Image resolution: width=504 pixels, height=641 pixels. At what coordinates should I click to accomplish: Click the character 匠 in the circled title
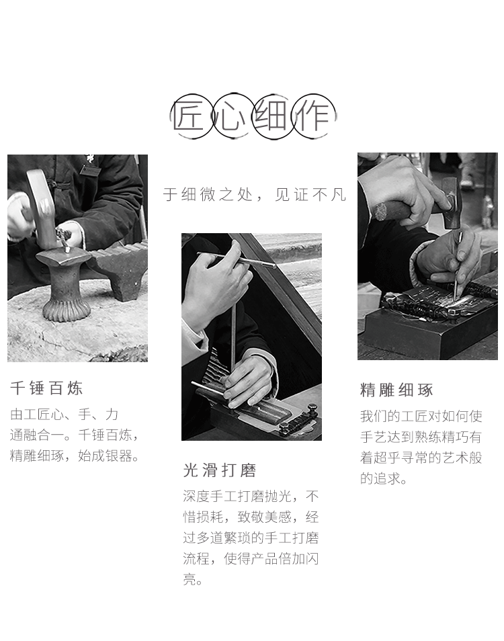click(x=188, y=116)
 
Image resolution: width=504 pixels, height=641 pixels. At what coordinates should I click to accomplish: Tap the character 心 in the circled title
click(x=230, y=116)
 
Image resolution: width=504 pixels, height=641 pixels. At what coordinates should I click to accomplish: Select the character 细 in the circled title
click(x=271, y=116)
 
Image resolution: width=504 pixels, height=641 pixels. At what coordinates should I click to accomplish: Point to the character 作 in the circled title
click(x=312, y=116)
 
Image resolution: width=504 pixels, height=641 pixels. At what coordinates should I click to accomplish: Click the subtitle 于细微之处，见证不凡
click(x=254, y=195)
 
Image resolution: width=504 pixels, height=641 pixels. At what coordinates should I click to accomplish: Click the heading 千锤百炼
click(x=46, y=388)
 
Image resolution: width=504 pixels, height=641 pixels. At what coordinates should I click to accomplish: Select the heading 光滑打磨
click(x=220, y=470)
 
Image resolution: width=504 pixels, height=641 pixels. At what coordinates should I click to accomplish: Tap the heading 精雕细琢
click(x=396, y=390)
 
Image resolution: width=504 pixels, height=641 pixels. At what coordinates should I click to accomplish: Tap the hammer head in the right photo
click(x=452, y=202)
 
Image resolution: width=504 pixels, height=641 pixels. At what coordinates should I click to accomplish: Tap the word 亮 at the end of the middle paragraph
click(x=190, y=579)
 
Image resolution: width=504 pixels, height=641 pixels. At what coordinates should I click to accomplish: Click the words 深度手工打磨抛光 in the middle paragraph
click(x=237, y=497)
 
